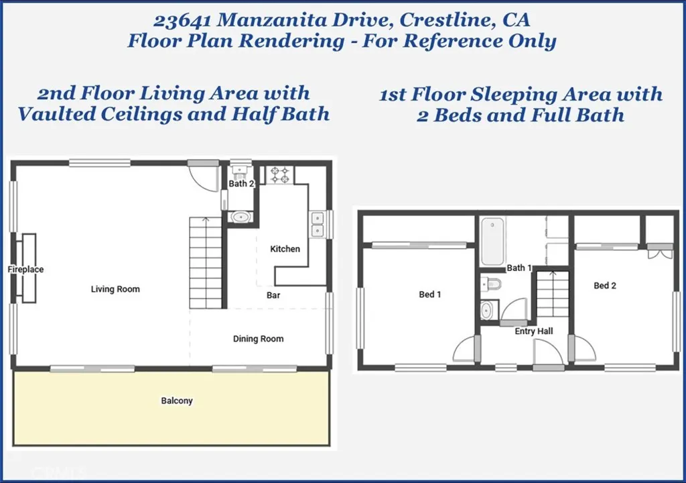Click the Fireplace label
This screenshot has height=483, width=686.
tap(25, 269)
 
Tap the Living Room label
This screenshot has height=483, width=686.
tap(115, 289)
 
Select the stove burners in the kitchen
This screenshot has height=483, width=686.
tap(280, 175)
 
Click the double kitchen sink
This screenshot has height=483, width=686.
tap(317, 225)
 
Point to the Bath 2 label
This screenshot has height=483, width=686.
tap(241, 184)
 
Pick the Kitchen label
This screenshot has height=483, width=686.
tap(285, 249)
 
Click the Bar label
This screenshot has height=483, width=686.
tap(273, 295)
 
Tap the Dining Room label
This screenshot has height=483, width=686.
tap(258, 339)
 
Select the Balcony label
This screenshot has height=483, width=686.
tap(177, 400)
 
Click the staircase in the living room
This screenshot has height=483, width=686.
tap(206, 263)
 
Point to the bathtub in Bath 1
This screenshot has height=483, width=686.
tap(492, 241)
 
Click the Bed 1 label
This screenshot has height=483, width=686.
tap(430, 294)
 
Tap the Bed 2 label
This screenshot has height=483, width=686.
tap(605, 286)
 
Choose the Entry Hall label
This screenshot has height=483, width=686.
tap(534, 331)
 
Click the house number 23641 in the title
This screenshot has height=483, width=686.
tap(182, 20)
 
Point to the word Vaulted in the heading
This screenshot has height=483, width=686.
tap(56, 115)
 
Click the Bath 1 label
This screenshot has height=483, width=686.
tap(519, 268)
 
